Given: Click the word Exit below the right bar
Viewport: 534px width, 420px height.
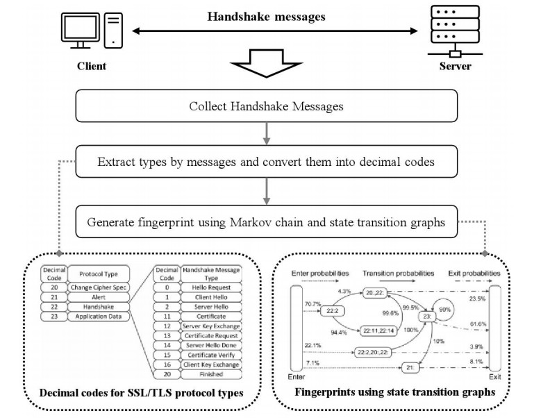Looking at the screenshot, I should tap(494, 376).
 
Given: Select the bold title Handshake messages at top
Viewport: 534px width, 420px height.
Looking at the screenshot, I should tap(267, 17).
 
